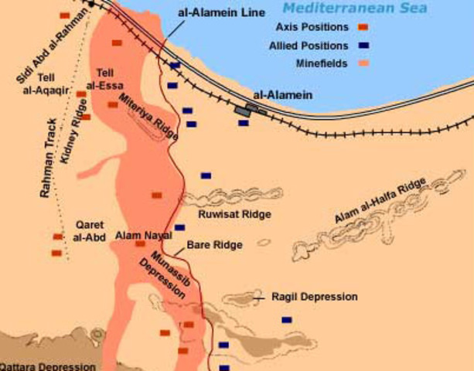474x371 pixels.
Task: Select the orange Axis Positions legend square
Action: pos(363,27)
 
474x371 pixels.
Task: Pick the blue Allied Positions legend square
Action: pos(363,46)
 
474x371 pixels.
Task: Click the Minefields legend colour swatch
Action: pos(363,63)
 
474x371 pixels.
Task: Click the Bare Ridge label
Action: pos(214,244)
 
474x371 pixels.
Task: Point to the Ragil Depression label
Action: pos(314,297)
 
